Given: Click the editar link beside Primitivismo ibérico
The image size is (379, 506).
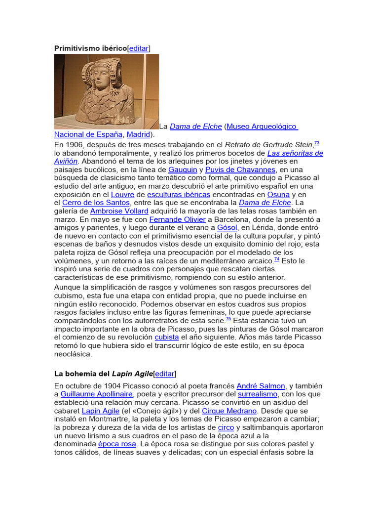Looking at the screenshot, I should point(139,48).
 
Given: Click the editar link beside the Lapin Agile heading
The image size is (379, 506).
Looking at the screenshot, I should point(165,374).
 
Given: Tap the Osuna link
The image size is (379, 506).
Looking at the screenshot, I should point(278,194).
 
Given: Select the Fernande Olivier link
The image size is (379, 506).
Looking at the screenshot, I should point(177,219).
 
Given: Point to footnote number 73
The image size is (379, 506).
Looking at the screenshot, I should point(316,143).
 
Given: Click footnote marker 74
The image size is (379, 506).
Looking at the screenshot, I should point(276,259).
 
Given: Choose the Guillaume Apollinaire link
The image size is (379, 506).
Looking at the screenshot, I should point(96,394).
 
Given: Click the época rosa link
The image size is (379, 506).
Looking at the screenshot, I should point(116,444).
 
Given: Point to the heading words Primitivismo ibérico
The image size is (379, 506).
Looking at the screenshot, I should point(90,48).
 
